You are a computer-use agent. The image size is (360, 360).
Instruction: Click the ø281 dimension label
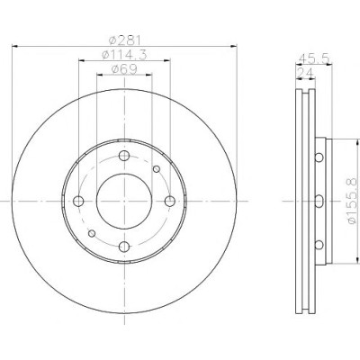click(124, 40)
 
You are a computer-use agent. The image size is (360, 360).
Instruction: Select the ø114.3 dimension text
click(124, 55)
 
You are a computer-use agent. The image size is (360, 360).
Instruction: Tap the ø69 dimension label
click(124, 69)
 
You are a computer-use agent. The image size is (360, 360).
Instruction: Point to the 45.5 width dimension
click(314, 58)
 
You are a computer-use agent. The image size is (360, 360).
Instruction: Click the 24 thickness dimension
click(305, 73)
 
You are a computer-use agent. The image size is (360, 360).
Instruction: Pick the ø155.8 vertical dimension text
click(352, 200)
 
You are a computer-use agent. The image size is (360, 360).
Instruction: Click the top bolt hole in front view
click(124, 156)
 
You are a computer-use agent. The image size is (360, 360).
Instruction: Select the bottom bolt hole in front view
click(124, 247)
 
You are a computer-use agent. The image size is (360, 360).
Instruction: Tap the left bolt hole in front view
click(78, 201)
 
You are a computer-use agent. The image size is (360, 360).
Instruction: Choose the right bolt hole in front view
click(170, 201)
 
